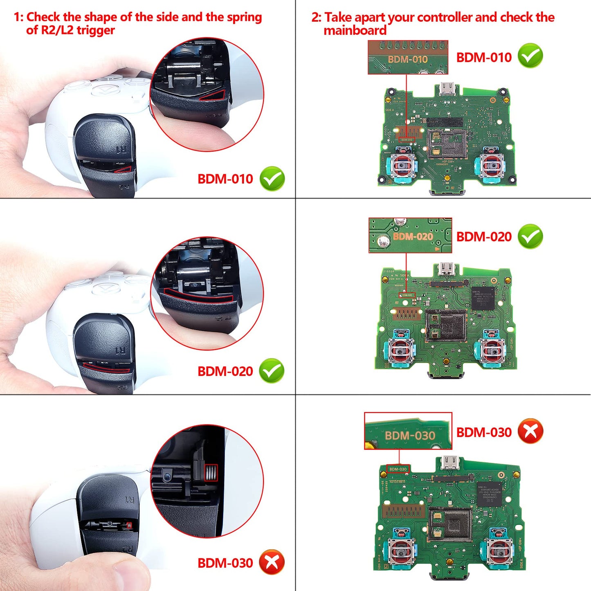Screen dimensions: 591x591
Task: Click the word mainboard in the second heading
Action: coord(355,31)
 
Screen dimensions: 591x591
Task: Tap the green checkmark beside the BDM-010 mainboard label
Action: coord(530,56)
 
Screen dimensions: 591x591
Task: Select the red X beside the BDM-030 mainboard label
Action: coord(530,431)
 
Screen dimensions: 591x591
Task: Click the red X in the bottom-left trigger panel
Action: coord(272,562)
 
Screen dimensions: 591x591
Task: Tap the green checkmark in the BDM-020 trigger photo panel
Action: coord(272,371)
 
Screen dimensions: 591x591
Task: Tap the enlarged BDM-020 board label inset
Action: coord(410,236)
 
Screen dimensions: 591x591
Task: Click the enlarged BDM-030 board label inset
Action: coord(408,431)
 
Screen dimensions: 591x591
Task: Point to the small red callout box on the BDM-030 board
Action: coord(398,469)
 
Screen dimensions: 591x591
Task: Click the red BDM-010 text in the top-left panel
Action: coord(225,179)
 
